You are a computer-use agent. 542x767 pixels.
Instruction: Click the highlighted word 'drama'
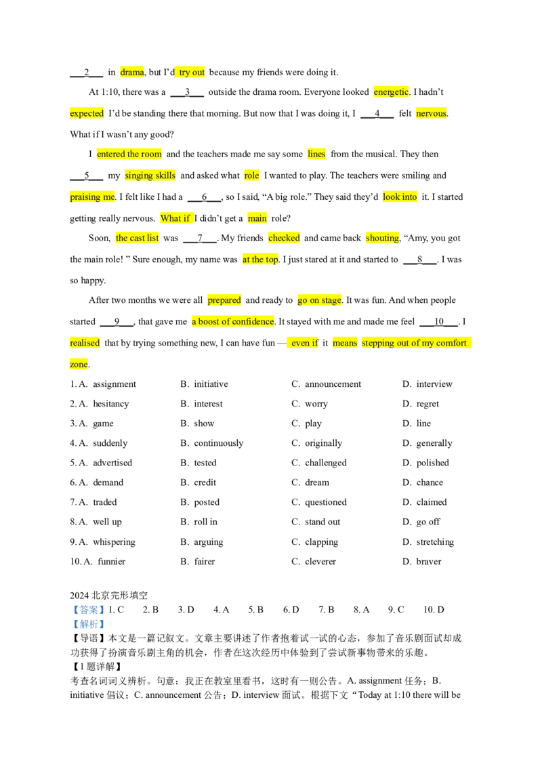click(132, 72)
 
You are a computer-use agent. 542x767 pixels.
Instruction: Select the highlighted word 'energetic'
click(391, 92)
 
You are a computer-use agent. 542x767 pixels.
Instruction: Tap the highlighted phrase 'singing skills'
click(150, 175)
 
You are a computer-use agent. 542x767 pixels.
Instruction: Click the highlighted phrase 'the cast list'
click(138, 239)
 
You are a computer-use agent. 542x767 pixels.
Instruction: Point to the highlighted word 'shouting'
click(383, 239)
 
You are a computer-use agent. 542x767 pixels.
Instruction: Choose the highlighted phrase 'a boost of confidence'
click(233, 322)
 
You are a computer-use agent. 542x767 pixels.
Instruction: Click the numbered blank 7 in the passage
click(200, 239)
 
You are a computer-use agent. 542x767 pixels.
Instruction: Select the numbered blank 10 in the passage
click(439, 322)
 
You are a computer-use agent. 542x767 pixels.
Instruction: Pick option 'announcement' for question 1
click(333, 384)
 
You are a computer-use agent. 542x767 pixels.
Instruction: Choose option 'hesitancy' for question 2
click(111, 404)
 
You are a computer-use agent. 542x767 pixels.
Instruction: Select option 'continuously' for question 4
click(219, 443)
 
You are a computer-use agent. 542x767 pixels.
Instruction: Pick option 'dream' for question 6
click(317, 482)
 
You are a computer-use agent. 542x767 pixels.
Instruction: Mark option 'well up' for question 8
click(107, 522)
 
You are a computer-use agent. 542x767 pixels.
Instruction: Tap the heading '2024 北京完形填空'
click(108, 596)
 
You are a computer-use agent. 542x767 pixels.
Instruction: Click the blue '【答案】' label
click(88, 610)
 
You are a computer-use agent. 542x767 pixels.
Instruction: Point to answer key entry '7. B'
click(327, 610)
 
